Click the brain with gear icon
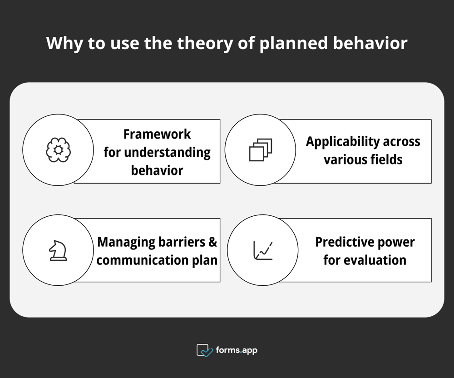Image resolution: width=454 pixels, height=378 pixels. (58, 150)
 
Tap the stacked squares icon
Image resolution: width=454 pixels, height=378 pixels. (261, 150)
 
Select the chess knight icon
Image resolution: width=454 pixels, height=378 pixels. (58, 250)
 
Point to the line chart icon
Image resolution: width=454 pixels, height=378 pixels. (263, 250)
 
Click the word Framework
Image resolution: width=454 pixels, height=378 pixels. (157, 134)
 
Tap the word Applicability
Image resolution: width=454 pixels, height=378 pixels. (343, 142)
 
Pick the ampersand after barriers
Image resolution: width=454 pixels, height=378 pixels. (212, 242)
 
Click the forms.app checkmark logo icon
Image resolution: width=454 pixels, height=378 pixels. (205, 350)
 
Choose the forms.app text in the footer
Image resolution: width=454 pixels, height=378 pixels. (237, 350)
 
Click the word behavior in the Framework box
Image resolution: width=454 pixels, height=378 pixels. (157, 170)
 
